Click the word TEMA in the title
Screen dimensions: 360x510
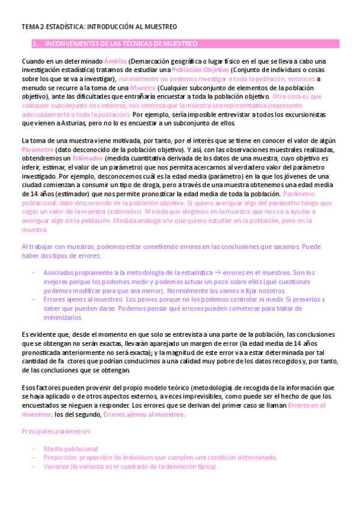29,27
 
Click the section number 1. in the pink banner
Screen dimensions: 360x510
35,44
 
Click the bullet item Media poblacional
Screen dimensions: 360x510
71,449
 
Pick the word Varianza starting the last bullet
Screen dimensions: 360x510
55,466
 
